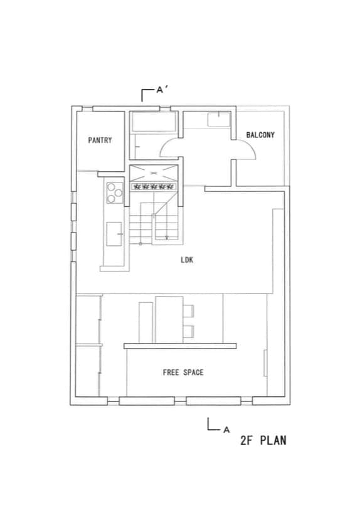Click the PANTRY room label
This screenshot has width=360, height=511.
(100, 140)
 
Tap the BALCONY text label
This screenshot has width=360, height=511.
(260, 135)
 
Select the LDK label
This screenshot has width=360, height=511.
(187, 260)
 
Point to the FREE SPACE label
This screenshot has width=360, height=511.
(183, 372)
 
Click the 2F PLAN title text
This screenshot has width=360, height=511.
(263, 440)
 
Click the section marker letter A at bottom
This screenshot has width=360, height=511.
(226, 430)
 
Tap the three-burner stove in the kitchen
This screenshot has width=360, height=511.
(114, 192)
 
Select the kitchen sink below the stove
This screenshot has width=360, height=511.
(114, 234)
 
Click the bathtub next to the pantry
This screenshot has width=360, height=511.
(154, 122)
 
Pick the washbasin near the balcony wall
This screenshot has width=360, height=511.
(219, 119)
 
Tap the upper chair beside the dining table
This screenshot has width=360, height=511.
(189, 311)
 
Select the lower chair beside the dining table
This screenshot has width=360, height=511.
(189, 332)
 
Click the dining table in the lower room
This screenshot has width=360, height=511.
(169, 319)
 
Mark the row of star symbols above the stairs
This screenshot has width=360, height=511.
(154, 187)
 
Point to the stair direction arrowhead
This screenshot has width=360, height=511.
(167, 238)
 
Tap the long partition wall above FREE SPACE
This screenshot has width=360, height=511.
(180, 345)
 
